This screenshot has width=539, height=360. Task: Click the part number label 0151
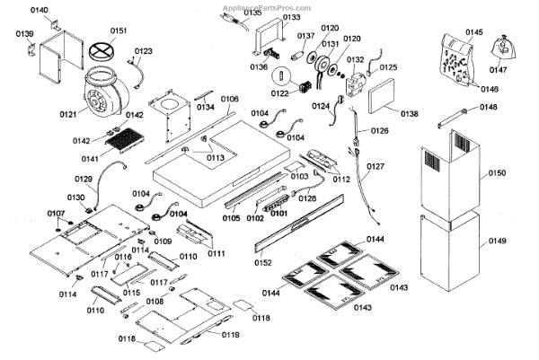(x=118, y=31)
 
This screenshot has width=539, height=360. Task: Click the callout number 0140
(x=40, y=9)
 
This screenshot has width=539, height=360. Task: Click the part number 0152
(x=262, y=263)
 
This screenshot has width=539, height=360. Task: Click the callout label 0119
(x=230, y=335)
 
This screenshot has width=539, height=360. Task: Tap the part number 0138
(x=409, y=114)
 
